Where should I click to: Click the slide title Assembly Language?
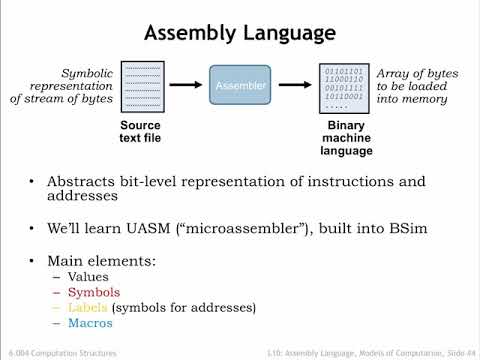[239, 33]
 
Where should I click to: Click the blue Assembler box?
[240, 87]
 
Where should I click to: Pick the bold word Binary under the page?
[345, 124]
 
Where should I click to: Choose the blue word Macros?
[88, 323]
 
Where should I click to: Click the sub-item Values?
[86, 275]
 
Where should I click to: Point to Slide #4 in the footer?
[447, 352]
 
